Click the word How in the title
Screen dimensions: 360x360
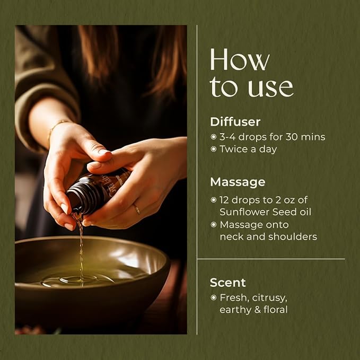(240, 59)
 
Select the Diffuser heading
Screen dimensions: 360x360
(235, 122)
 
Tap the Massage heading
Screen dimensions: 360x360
(238, 182)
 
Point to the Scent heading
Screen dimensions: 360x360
(227, 283)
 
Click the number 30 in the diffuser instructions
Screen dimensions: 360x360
(291, 137)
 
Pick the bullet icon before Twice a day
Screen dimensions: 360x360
(214, 149)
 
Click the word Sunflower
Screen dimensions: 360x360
(241, 212)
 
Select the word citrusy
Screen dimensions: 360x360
(269, 298)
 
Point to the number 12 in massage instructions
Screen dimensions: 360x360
(224, 200)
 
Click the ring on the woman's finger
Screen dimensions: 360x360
(137, 209)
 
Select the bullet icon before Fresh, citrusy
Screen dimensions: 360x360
(214, 298)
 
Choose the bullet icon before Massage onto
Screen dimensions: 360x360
(214, 225)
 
